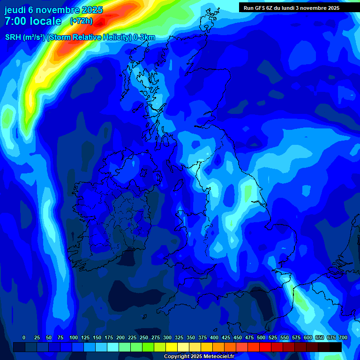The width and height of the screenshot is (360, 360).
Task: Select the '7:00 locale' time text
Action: pyautogui.click(x=33, y=21)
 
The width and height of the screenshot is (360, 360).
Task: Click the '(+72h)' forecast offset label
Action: pyautogui.click(x=81, y=21)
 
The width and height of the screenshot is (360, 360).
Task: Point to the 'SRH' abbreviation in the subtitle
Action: pyautogui.click(x=13, y=37)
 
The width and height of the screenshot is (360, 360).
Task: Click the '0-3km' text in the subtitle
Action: pyautogui.click(x=144, y=37)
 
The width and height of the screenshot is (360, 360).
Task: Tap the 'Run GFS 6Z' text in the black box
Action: pyautogui.click(x=258, y=8)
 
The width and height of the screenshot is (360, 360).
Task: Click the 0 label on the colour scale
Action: pyautogui.click(x=24, y=338)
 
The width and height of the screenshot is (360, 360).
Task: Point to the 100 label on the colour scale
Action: pyautogui.click(x=73, y=338)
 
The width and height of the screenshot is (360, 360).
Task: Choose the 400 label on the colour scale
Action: pyautogui.click(x=214, y=338)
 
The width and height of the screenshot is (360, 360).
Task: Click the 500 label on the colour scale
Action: pyautogui.click(x=261, y=338)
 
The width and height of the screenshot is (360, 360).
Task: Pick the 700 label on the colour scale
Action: pyautogui.click(x=343, y=338)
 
